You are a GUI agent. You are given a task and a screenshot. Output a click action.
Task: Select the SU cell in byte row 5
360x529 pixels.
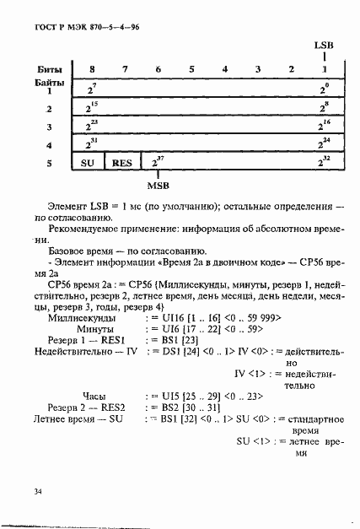[x=89, y=162]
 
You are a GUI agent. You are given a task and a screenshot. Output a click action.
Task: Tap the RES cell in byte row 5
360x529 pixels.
[x=122, y=162]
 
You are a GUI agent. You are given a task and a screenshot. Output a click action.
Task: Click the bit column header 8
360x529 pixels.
[x=91, y=68]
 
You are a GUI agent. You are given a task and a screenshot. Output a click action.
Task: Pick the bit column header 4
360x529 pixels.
[x=224, y=68]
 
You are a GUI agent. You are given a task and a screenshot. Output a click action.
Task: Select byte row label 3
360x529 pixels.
[x=49, y=127]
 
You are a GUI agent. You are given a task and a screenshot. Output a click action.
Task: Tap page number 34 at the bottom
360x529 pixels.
[x=38, y=491]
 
